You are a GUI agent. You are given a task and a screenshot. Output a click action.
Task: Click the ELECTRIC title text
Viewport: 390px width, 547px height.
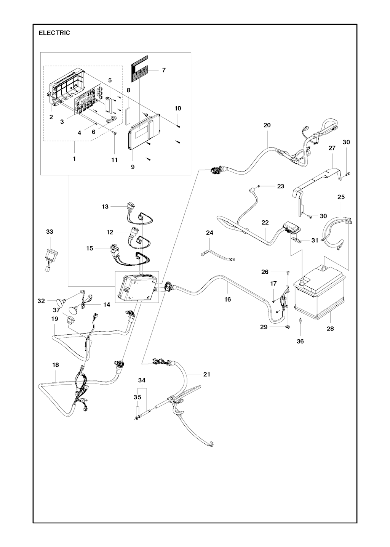(x=54, y=33)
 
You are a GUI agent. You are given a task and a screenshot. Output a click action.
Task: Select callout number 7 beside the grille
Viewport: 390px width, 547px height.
(x=164, y=70)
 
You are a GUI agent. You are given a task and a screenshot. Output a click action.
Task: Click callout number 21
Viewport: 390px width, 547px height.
(x=207, y=374)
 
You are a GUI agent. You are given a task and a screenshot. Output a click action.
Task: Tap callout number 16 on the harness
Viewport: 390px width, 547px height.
(x=228, y=299)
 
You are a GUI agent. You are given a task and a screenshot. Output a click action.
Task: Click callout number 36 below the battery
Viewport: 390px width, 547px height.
(x=300, y=342)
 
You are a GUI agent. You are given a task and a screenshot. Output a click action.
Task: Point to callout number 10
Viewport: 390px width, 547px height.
(x=178, y=108)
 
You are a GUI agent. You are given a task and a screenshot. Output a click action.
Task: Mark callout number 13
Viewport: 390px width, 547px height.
(x=105, y=207)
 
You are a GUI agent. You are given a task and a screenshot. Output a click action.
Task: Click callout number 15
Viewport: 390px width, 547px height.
(x=90, y=249)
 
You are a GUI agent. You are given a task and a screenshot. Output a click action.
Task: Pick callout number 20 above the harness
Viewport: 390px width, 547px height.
(x=267, y=125)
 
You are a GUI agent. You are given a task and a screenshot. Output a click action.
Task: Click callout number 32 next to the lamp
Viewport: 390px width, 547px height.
(x=41, y=301)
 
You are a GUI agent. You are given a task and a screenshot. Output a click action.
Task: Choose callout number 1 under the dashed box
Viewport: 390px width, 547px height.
(x=74, y=159)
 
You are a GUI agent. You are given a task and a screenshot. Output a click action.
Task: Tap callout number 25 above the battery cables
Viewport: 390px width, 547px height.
(x=341, y=197)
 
